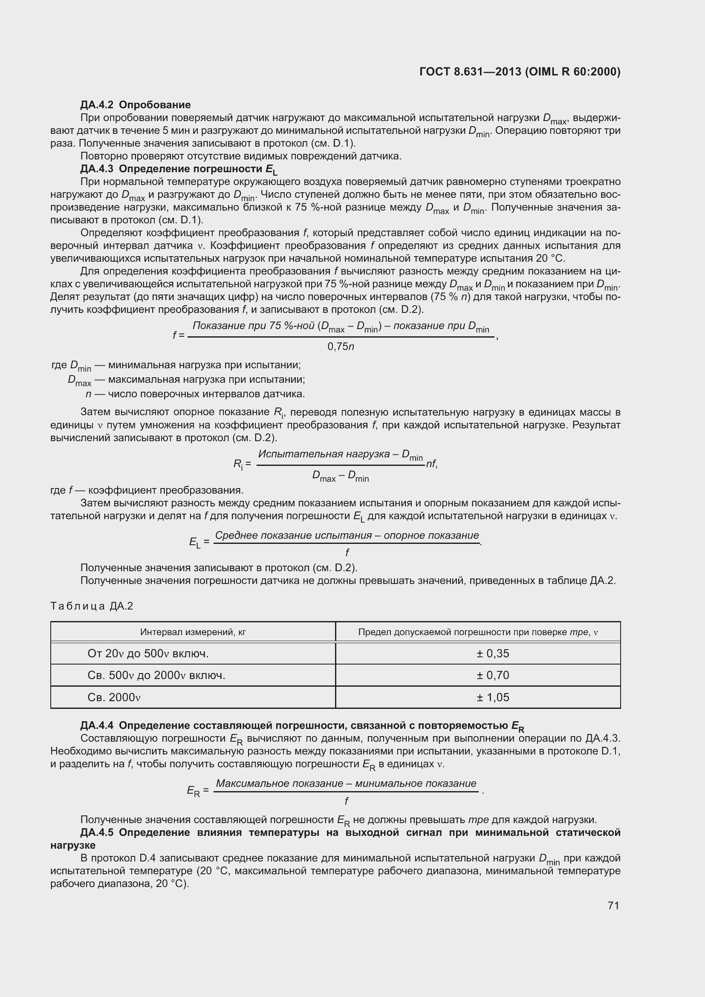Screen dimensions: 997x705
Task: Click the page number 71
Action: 613,905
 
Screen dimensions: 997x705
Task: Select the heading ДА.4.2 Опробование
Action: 136,105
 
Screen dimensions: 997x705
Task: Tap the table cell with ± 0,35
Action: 492,653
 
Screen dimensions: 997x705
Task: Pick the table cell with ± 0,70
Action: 492,675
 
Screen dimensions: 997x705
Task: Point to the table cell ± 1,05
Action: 492,697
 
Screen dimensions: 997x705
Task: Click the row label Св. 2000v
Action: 114,697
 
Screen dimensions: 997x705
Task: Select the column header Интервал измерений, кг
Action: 193,632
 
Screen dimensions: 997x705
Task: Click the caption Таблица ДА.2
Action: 92,606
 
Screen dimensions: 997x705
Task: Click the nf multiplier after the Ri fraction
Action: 431,464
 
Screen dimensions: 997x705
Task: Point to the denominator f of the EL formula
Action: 347,552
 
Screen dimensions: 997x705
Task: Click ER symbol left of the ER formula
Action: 194,791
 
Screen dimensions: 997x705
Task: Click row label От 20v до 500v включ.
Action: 147,653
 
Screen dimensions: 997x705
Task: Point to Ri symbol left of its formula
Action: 238,464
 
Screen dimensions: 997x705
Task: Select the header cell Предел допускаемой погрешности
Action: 477,632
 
